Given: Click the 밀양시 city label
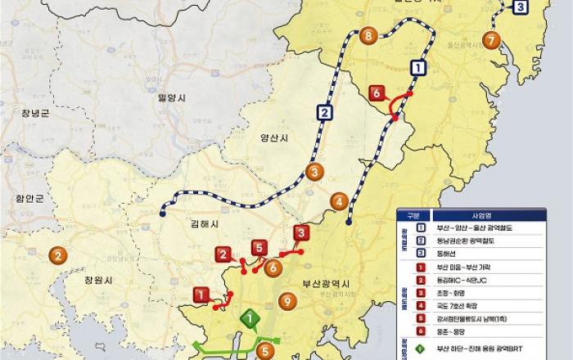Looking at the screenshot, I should click(172, 97).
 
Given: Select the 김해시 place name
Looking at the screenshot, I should click(202, 223).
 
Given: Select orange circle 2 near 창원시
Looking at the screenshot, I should click(57, 254).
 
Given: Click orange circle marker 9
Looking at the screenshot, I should click(286, 301).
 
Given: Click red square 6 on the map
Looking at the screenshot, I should click(377, 93).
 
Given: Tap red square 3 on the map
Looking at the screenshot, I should click(300, 232).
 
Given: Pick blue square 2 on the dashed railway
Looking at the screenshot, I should click(325, 113).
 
